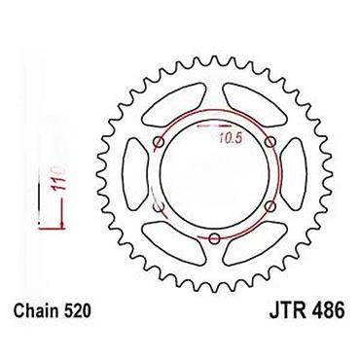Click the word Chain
coord(35,311)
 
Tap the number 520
coord(77,311)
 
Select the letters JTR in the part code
coord(287,311)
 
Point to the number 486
coord(328,311)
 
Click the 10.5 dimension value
coord(231,139)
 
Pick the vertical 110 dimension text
coord(58,178)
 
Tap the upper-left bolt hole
coord(159,142)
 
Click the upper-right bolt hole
coord(270,142)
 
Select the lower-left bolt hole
coord(159,206)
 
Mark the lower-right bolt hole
coord(270,206)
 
